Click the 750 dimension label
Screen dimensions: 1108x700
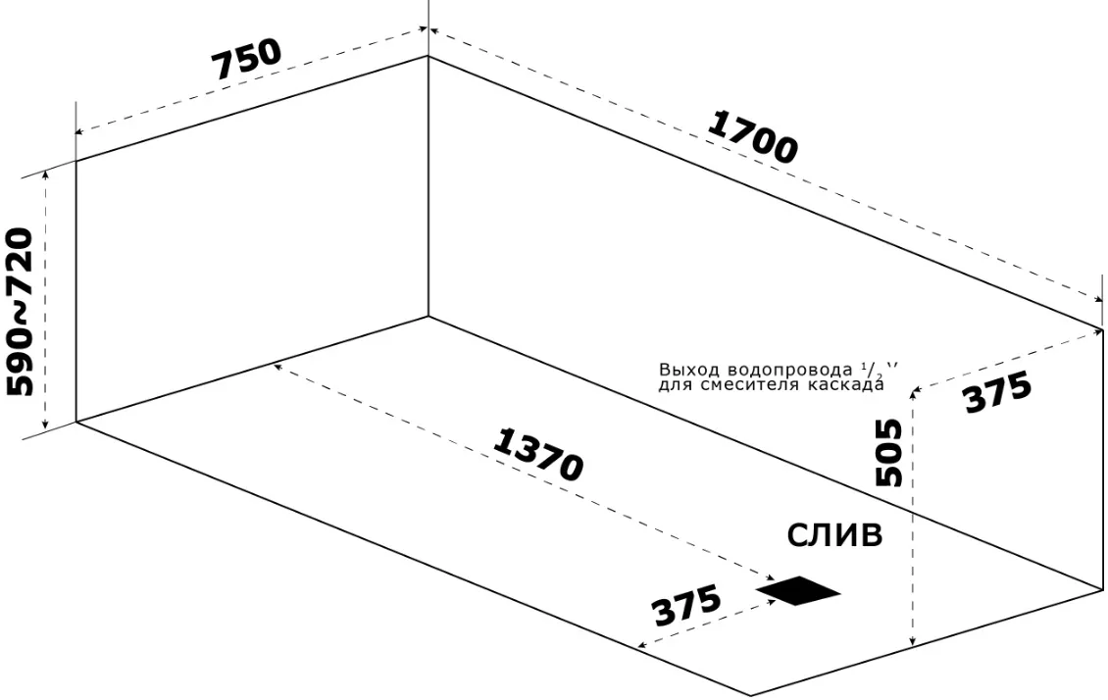(247, 59)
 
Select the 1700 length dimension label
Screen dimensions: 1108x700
(753, 137)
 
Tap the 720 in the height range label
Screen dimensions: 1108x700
(19, 263)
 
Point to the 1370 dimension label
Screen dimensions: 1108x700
(538, 456)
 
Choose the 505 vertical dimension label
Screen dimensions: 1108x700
(889, 453)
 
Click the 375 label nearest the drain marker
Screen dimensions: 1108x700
(686, 605)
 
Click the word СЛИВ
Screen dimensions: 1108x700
(834, 535)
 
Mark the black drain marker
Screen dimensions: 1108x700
(798, 590)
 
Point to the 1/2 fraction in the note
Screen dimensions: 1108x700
(869, 369)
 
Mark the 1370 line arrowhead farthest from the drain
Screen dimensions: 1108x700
(278, 368)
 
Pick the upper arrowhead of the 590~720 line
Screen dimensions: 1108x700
(47, 175)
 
